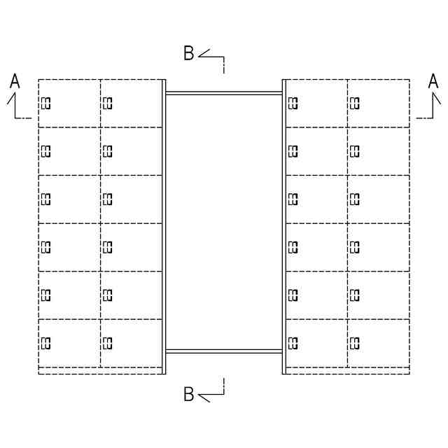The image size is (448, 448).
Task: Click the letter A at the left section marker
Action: (15, 83)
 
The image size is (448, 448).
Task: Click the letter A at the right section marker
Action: (433, 83)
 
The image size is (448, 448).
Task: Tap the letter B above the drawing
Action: (189, 54)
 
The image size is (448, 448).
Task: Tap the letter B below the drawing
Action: (189, 395)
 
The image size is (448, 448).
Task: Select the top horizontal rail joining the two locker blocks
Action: (224, 92)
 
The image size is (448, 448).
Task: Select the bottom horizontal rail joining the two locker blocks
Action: (224, 351)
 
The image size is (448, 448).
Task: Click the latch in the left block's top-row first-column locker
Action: (46, 104)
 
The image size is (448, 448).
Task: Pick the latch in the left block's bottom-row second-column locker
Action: (108, 342)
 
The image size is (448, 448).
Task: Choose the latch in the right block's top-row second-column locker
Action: (354, 104)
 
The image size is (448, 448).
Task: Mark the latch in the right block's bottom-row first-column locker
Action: (293, 342)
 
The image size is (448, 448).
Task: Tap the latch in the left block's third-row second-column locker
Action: (108, 199)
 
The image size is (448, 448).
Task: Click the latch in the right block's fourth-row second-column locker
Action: (354, 246)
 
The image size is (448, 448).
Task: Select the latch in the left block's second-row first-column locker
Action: (46, 151)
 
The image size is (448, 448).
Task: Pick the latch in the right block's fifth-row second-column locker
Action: (354, 295)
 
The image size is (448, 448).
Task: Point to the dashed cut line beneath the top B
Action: (223, 66)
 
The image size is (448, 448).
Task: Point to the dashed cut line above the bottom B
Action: (223, 384)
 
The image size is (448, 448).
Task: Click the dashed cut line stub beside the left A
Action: (25, 118)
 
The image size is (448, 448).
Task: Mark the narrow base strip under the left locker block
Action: (101, 370)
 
